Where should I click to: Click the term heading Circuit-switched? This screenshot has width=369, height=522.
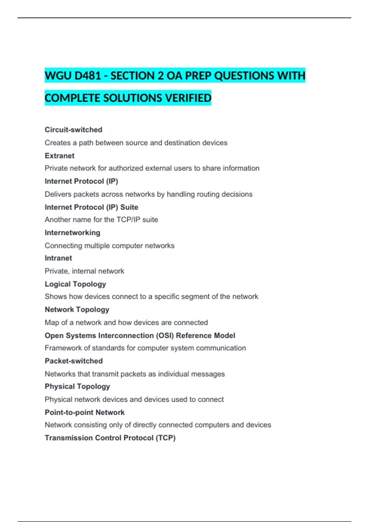[73, 130]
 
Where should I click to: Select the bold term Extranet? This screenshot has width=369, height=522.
[60, 156]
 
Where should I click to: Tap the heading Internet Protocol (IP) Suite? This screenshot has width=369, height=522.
[91, 207]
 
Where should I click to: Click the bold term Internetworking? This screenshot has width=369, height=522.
[73, 233]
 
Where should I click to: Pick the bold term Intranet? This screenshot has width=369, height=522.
[58, 258]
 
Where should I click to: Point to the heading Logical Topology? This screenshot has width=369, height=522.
[75, 284]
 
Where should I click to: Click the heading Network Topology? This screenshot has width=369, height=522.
[77, 310]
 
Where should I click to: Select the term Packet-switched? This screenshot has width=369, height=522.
[74, 361]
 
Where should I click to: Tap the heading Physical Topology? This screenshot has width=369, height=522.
[77, 387]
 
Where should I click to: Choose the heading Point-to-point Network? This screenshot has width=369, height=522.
[85, 412]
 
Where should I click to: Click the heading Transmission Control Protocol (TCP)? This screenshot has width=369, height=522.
[110, 438]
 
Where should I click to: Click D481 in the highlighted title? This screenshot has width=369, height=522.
[88, 76]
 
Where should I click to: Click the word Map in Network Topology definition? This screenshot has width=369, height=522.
[52, 323]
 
